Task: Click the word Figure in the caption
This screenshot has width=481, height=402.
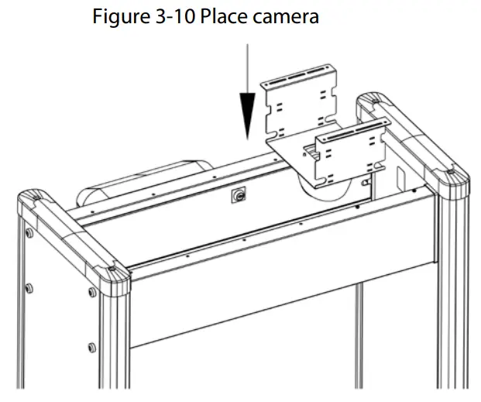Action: [x=118, y=16]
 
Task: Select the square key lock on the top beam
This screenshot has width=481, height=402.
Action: [x=235, y=197]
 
